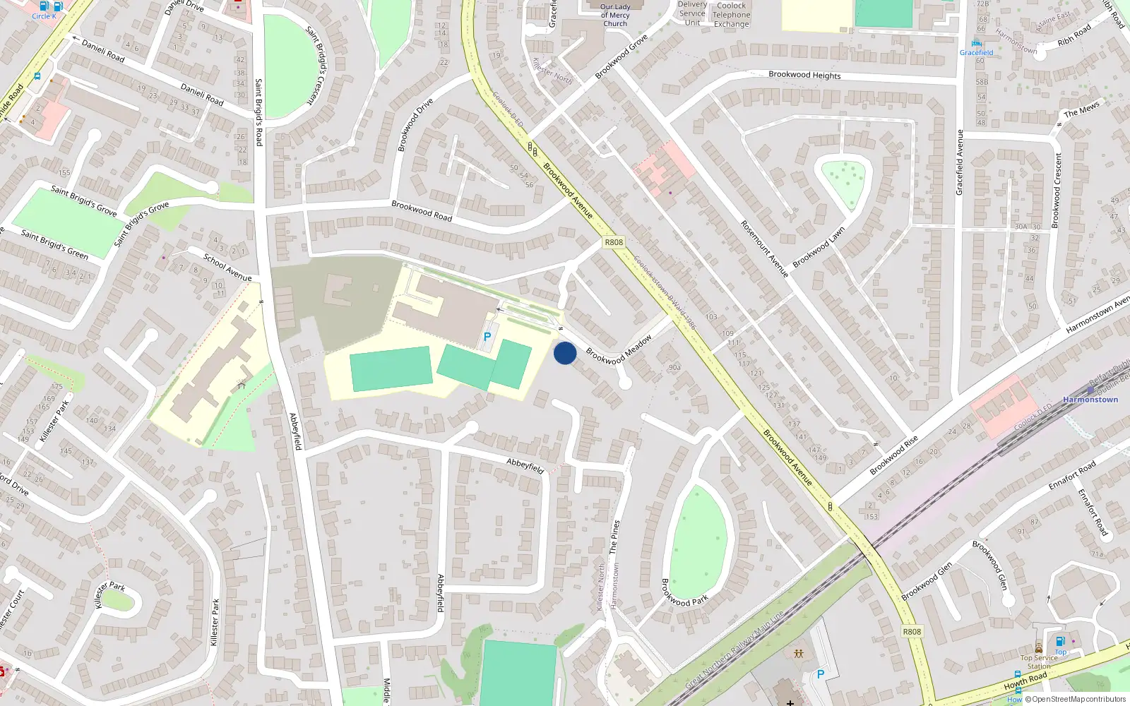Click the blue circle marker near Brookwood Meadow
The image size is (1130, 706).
[x=565, y=353]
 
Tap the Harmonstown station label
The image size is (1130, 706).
[x=1090, y=400]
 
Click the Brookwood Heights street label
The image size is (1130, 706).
[x=804, y=75]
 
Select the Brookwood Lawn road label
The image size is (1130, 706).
[x=819, y=247]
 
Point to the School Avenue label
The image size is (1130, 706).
[x=227, y=267]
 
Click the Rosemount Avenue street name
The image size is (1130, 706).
[x=764, y=249]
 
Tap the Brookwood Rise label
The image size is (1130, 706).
[x=894, y=455]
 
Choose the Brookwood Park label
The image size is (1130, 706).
[x=684, y=592]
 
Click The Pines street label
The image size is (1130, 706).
[x=614, y=537]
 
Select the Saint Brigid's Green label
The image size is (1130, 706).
[x=54, y=244]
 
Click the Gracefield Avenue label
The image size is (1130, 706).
[x=959, y=162]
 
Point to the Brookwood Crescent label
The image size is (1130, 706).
[x=1057, y=191]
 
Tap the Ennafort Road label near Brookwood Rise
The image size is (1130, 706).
[x=1072, y=476]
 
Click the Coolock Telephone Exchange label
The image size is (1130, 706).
[x=731, y=15]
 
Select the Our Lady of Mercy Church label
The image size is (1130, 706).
[x=615, y=15]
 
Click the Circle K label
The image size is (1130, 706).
[x=44, y=16]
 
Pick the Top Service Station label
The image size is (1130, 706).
[x=1039, y=662]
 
